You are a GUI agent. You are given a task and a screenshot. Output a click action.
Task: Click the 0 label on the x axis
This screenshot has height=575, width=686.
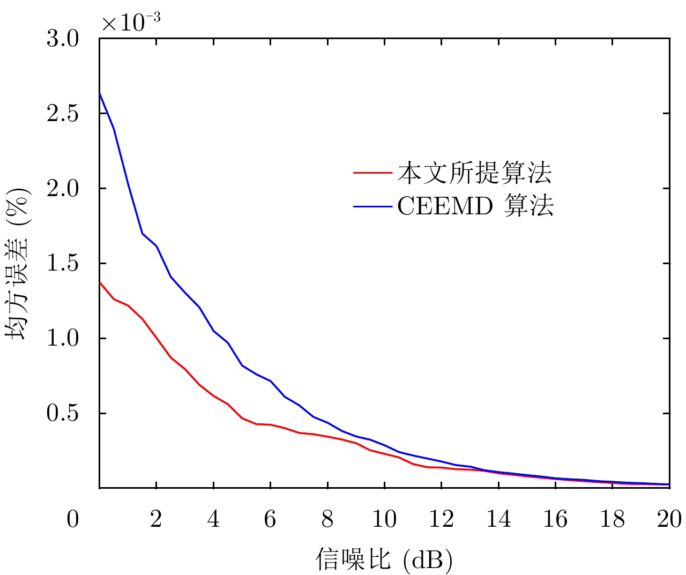(x=73, y=519)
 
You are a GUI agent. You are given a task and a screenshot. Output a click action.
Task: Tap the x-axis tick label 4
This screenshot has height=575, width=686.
(x=213, y=519)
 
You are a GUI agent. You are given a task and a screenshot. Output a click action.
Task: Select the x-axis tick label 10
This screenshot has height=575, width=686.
(x=384, y=519)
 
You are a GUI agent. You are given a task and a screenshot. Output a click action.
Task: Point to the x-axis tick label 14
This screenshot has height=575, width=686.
(x=498, y=519)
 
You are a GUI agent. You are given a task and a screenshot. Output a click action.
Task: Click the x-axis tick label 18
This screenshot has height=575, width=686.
(x=613, y=519)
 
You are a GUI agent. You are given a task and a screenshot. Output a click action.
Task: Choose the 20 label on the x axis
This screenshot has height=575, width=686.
(x=669, y=519)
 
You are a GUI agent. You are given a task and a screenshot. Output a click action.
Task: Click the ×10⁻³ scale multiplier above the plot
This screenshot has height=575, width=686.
(x=131, y=23)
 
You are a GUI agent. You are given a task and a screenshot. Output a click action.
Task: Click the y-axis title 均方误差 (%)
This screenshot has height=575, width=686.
(x=18, y=263)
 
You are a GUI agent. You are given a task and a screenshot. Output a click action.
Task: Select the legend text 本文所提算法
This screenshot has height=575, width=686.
(x=474, y=173)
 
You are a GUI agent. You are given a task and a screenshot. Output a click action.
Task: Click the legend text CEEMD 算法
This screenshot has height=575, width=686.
(x=475, y=206)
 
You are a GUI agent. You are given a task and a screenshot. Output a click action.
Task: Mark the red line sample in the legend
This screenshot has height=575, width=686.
(x=373, y=173)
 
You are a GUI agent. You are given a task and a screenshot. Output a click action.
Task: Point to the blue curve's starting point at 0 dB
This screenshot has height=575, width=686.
(x=100, y=93)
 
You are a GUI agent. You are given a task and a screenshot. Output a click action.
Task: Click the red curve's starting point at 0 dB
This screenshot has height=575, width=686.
(x=100, y=282)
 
